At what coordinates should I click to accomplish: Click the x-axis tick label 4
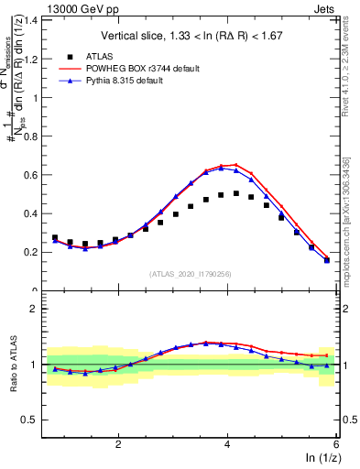(227, 443)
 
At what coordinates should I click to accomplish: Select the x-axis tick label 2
(118, 443)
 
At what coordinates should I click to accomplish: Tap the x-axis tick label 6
(335, 443)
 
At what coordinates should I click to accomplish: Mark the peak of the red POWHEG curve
(235, 165)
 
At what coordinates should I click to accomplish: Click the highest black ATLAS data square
(235, 193)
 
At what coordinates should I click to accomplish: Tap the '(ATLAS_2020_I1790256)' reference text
(190, 274)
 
